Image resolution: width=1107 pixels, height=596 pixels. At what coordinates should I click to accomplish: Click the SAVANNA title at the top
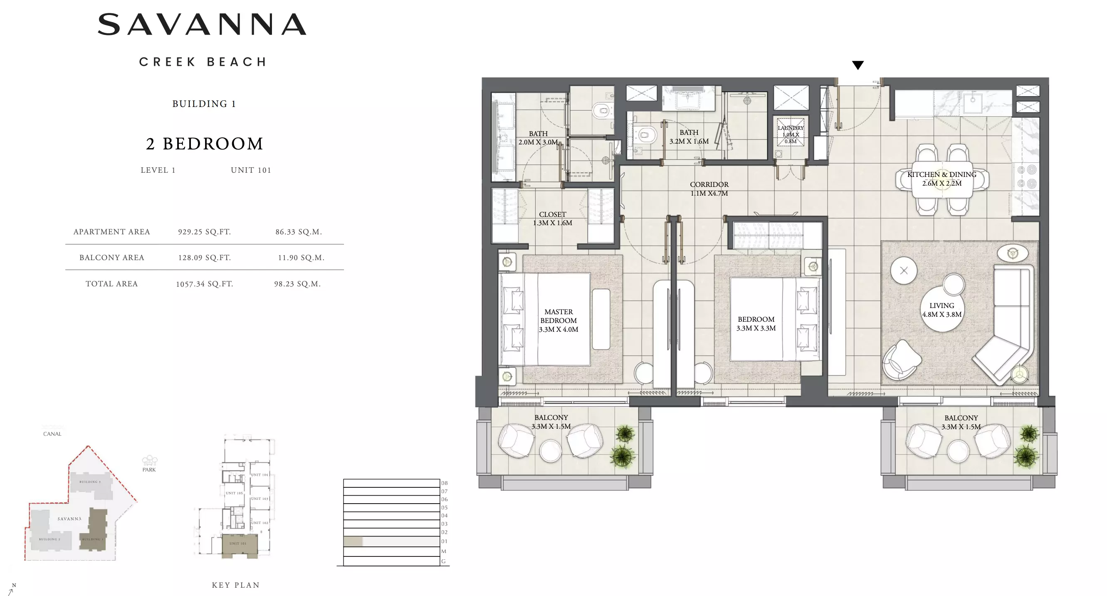click(202, 24)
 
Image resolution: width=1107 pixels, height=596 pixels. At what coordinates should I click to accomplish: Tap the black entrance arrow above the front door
click(857, 65)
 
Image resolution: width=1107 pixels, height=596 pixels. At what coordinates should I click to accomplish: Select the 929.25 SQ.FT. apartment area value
click(204, 232)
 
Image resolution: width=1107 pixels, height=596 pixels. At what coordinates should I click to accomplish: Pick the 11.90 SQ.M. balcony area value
click(301, 258)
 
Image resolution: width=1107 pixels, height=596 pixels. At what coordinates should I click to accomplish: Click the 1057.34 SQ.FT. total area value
click(204, 284)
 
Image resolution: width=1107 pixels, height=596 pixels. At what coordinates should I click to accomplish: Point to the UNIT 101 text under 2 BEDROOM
click(250, 170)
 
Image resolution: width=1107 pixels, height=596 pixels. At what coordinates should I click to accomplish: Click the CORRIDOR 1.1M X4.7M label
click(709, 189)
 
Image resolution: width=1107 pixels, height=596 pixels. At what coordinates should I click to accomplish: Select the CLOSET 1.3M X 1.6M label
click(552, 219)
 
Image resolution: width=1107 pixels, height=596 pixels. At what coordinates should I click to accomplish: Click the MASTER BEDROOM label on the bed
click(558, 320)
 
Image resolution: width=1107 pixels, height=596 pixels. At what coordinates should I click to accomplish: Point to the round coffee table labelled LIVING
click(941, 310)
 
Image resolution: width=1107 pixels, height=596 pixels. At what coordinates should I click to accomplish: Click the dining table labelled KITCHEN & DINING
click(941, 179)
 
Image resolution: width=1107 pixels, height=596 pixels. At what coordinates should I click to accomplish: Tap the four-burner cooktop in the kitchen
click(1026, 177)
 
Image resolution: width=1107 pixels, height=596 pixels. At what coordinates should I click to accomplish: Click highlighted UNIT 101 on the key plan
click(239, 544)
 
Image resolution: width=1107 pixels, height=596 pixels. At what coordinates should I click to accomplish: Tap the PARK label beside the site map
click(149, 469)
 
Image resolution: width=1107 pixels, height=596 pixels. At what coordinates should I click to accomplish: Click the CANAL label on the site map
click(52, 434)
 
